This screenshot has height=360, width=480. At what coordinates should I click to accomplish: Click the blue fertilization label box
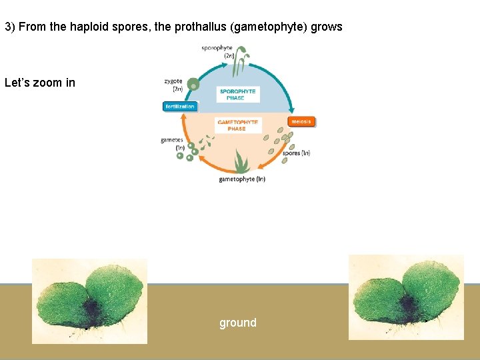tap(181, 107)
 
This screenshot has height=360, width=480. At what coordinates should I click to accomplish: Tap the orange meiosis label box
tap(301, 121)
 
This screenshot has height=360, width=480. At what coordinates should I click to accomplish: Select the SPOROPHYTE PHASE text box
tap(237, 95)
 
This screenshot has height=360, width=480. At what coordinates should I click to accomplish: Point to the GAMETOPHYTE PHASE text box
tap(237, 125)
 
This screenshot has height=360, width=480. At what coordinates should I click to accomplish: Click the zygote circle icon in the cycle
tap(193, 84)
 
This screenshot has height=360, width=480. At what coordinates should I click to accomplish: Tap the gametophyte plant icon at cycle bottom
tap(241, 162)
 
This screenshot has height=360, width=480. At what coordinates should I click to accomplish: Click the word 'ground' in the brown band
tap(238, 323)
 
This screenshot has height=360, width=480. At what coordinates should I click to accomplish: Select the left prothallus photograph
tap(90, 301)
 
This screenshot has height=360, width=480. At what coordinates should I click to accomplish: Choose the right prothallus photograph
tap(406, 297)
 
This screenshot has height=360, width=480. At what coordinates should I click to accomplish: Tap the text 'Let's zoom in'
tap(40, 83)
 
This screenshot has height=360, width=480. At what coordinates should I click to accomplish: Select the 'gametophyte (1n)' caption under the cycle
tap(242, 179)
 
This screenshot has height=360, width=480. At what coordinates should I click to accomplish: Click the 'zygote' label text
tap(173, 81)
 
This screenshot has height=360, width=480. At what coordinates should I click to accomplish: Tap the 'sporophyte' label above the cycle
tap(217, 48)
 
